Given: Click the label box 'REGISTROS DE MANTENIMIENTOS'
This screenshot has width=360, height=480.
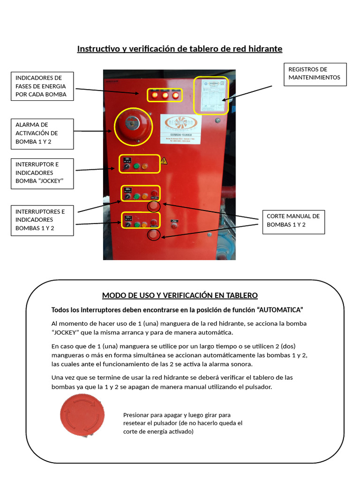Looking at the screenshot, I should point(315,74).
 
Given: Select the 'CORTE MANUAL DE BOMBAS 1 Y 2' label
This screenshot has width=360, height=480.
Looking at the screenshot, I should point(293,220).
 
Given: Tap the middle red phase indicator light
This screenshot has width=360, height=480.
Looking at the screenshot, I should point(165,96).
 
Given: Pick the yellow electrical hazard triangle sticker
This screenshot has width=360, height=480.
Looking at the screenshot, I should point(164,161).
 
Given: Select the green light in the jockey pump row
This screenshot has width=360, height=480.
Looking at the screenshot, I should point(136,166).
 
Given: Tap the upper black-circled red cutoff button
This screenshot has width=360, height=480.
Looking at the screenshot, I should point(154,206).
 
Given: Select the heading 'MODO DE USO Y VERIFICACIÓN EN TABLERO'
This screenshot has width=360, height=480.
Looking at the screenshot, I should point(180,295).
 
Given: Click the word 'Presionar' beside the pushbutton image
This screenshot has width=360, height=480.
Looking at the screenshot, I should point(136,415).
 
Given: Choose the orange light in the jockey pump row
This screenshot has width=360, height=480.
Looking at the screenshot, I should point(145,166).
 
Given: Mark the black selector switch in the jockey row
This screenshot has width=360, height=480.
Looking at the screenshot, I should point(127,166).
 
